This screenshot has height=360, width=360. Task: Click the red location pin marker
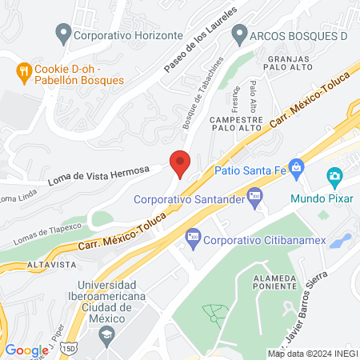180,163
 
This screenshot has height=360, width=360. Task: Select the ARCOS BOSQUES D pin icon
238,34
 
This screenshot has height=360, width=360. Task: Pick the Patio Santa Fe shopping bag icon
297,167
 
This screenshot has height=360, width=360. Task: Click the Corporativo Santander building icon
254,194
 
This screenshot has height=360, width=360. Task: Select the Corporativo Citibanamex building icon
192,238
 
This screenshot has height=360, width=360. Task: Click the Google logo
26,350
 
